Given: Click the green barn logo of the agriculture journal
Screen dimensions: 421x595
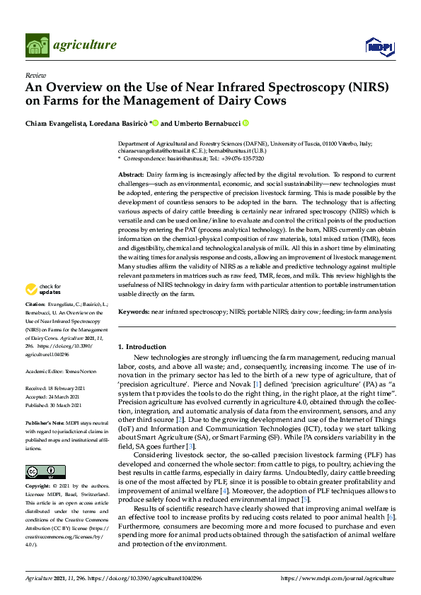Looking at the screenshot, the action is tap(36, 45).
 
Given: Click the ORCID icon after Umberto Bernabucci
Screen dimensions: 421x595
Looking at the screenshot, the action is tap(246, 123).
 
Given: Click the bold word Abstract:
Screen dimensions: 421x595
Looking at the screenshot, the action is tap(131, 174).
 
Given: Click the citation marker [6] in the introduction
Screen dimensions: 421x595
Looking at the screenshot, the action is tap(391, 517).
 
